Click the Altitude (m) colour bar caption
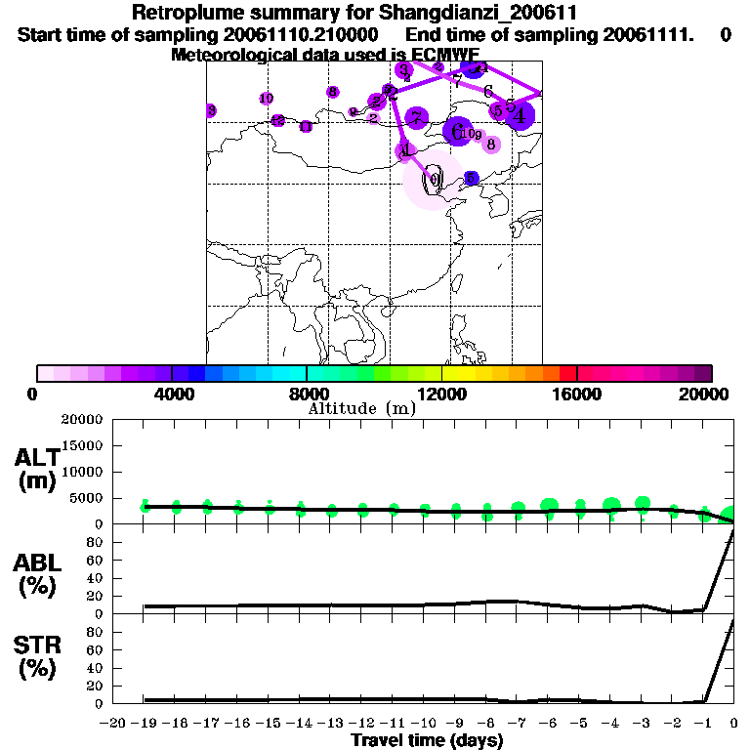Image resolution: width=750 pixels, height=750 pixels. (361, 408)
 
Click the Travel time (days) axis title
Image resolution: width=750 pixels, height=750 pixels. (427, 740)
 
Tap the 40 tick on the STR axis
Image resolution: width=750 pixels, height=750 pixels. (95, 668)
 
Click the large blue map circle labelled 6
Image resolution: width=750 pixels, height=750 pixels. (456, 130)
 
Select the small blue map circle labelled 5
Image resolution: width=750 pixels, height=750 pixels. (472, 178)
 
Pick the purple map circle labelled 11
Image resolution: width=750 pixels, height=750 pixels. (306, 127)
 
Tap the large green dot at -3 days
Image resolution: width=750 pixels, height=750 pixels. (643, 504)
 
